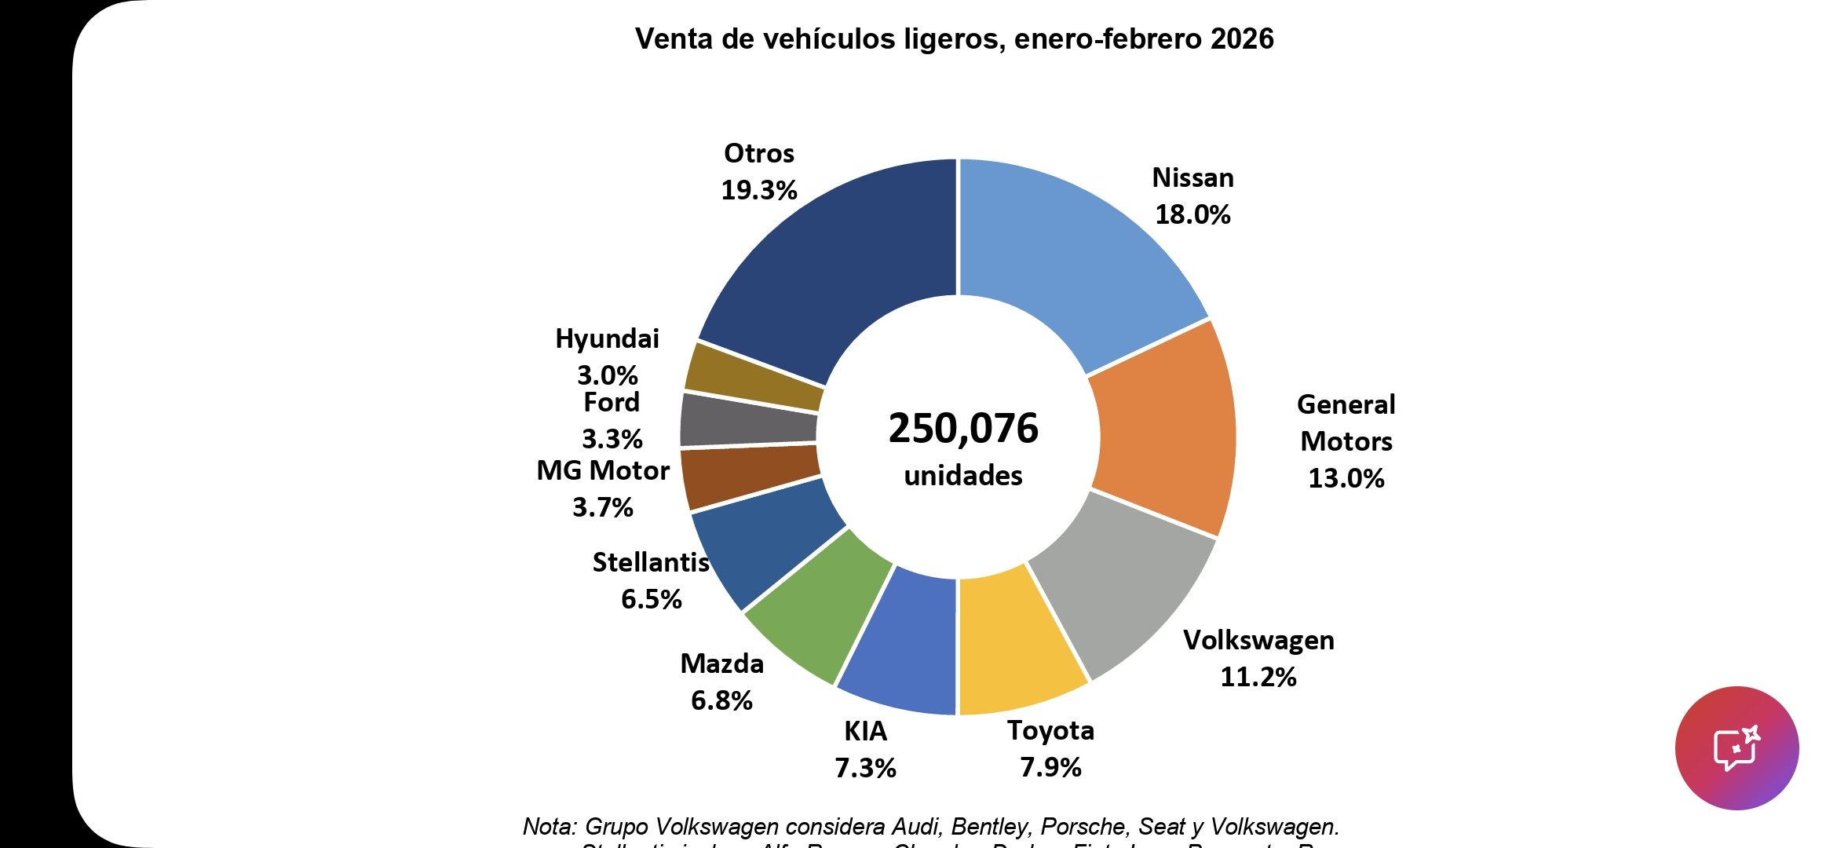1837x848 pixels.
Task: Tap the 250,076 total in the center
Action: coord(963,429)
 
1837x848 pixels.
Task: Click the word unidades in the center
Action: coord(963,476)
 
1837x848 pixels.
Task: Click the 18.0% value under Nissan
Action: coord(1192,214)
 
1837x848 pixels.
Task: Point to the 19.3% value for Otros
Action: coord(759,190)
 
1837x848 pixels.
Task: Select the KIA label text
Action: coord(865,731)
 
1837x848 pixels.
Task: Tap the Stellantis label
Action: coord(651,562)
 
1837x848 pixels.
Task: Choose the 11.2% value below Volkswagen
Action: coord(1258,677)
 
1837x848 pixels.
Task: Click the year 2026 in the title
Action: coord(1242,38)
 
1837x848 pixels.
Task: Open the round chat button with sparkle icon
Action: coord(1737,747)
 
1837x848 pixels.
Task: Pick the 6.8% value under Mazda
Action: coord(721,700)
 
